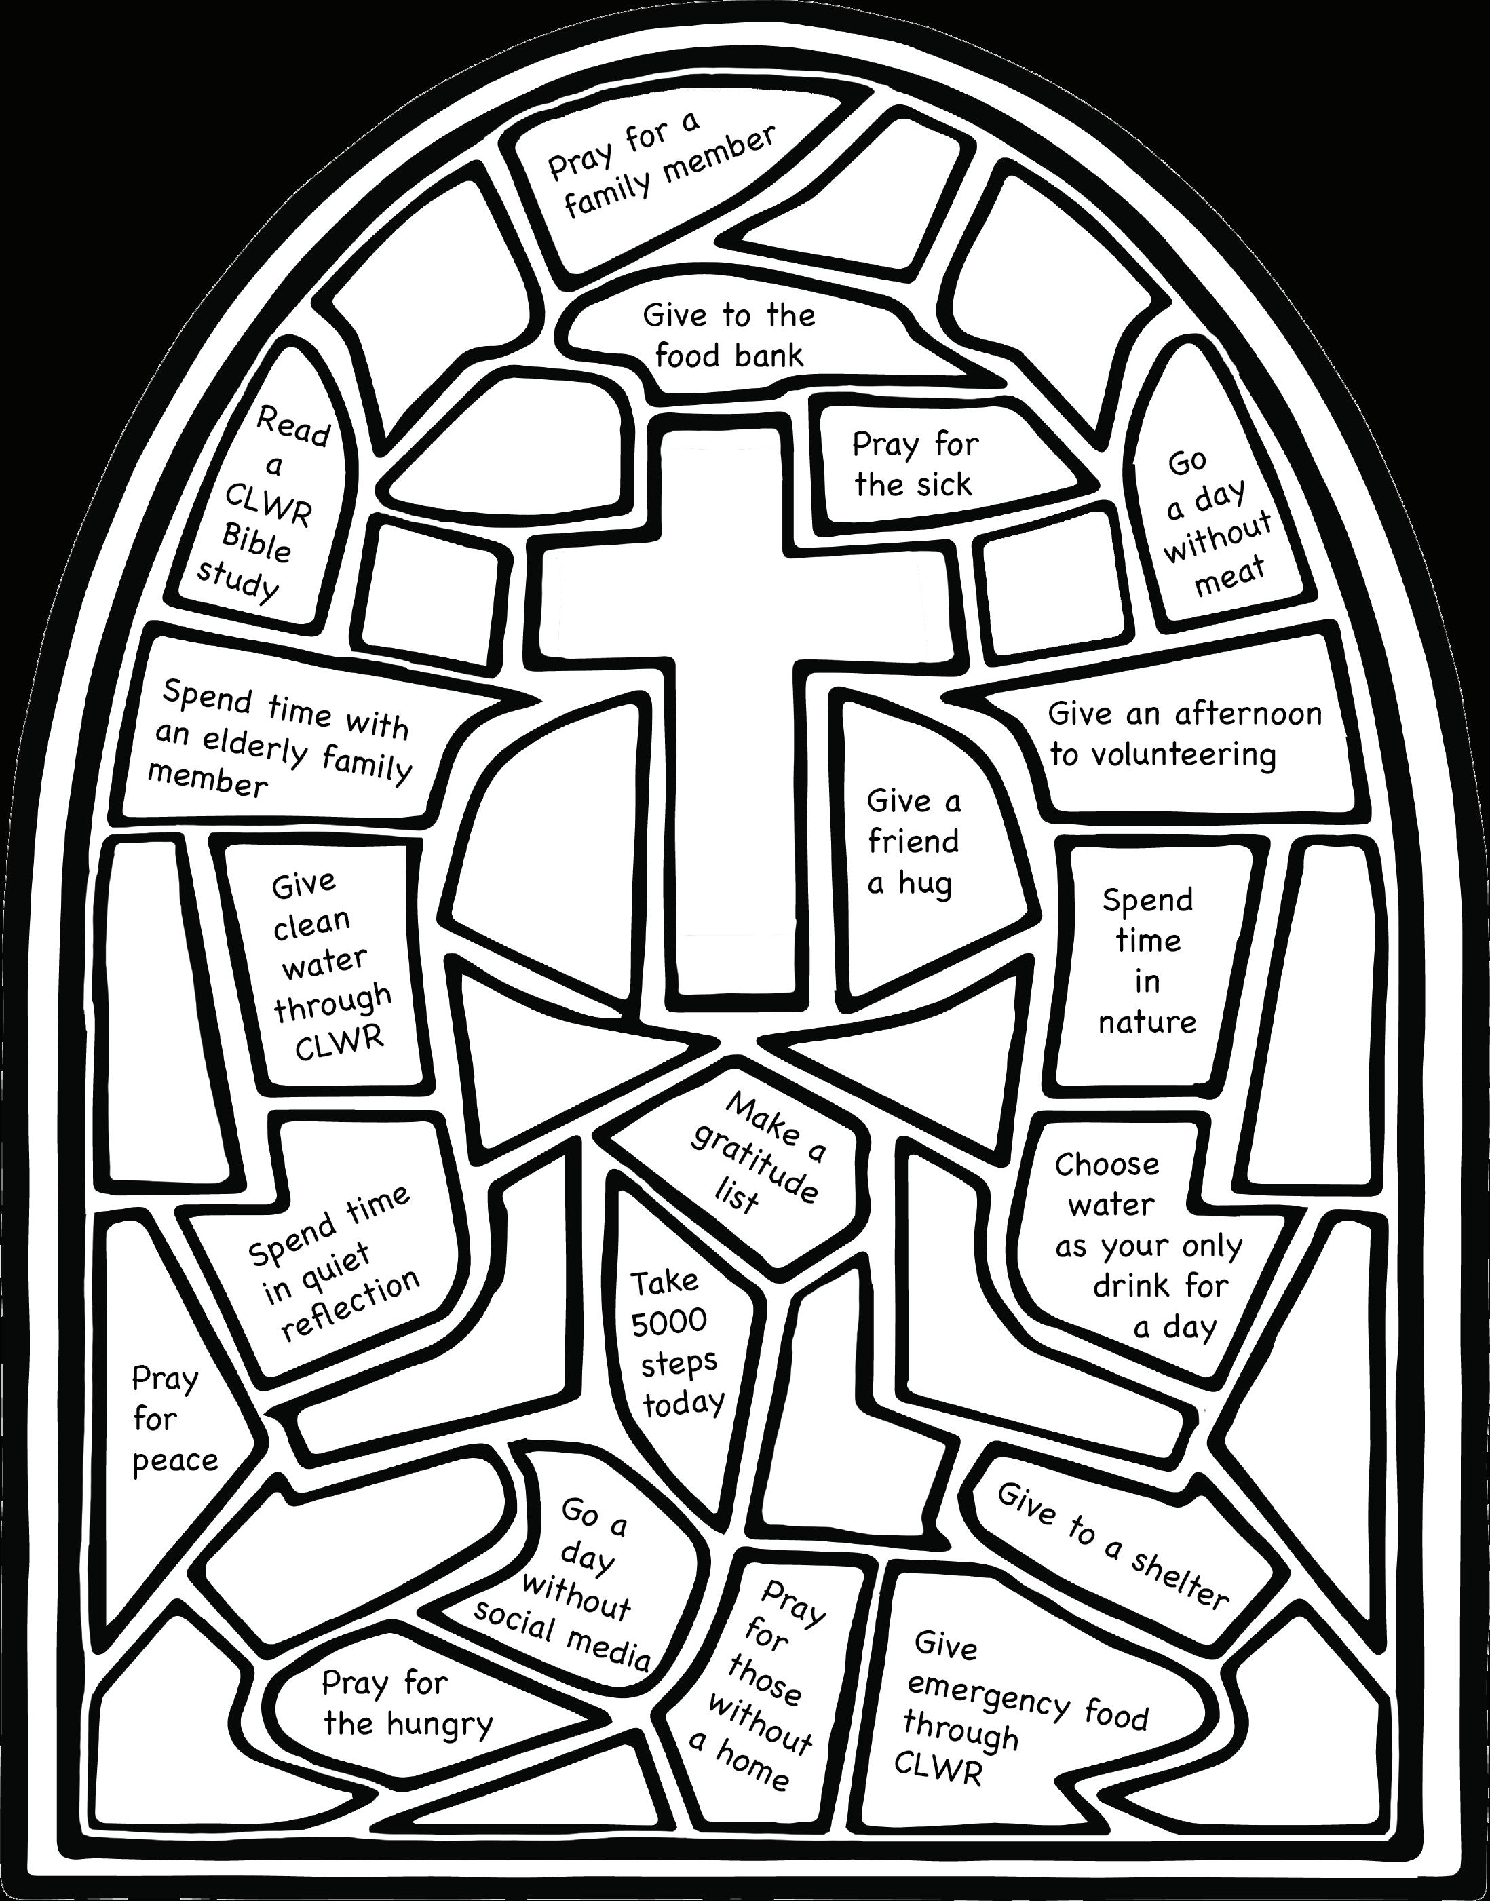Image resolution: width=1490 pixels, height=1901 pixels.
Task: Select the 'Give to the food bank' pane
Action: (729, 336)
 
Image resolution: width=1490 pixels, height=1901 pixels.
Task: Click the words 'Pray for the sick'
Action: (914, 464)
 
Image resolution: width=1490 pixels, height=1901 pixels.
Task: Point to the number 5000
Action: (669, 1322)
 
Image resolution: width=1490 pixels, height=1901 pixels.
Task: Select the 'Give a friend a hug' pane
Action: (913, 842)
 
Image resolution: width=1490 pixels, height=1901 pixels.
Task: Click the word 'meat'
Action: (1230, 577)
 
